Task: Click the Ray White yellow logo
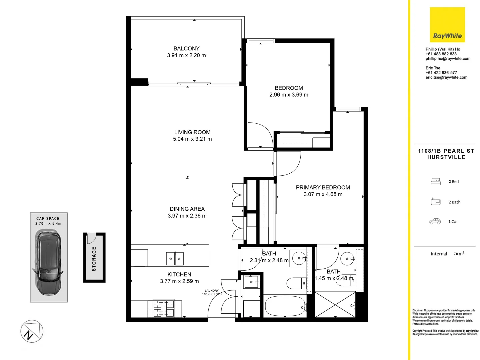point(447,25)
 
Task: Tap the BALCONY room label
point(186,49)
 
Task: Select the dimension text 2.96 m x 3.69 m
point(289,95)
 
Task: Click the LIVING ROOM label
point(192,132)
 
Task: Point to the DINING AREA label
point(187,209)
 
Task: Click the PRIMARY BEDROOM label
point(323,188)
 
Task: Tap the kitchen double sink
point(175,259)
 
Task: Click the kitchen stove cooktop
point(164,308)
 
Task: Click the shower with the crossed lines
point(335,305)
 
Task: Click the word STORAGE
point(94,259)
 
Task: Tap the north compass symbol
point(32,331)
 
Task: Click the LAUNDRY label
point(212,291)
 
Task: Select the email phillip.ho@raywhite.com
point(448,59)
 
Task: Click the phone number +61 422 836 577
point(441,73)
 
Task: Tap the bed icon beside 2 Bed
point(435,182)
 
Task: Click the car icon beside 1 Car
point(435,221)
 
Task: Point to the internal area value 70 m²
point(459,254)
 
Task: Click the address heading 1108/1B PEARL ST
point(446,151)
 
